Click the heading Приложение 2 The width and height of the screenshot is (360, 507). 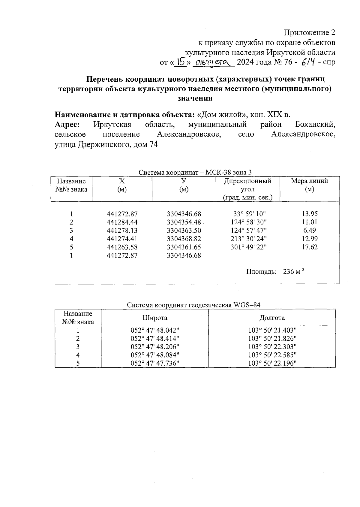point(309,32)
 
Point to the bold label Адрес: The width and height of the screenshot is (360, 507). point(67,124)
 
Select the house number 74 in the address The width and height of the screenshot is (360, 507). point(152,144)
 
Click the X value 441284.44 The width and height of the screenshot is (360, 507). point(122,222)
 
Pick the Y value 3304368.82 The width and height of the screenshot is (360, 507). point(184,239)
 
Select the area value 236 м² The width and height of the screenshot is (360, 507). point(293,272)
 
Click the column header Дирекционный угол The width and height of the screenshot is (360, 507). point(247,185)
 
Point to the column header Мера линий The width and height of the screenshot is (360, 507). point(309,181)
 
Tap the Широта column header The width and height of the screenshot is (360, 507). point(154,318)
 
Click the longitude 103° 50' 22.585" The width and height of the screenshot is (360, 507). point(272,355)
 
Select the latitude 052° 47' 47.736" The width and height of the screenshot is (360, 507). point(155,363)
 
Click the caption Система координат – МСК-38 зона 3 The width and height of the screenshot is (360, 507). point(195,173)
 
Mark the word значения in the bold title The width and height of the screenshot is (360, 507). point(195,98)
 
